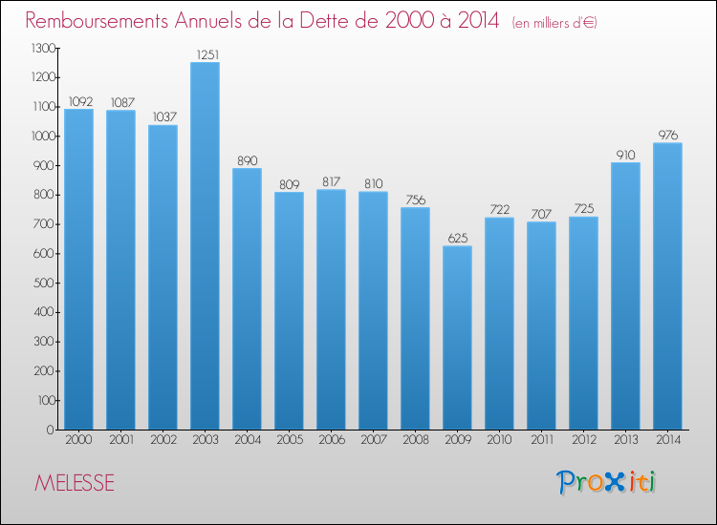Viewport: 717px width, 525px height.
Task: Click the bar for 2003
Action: (205, 245)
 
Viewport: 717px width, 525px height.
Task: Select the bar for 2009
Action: (457, 338)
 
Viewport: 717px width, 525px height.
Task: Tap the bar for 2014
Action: (667, 286)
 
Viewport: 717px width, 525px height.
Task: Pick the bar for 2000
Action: (78, 269)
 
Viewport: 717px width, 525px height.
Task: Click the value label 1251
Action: (207, 54)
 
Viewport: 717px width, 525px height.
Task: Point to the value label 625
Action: (458, 239)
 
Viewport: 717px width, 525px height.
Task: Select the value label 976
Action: (668, 136)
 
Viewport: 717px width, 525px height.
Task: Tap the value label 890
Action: (248, 160)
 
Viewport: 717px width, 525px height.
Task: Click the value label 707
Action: (541, 214)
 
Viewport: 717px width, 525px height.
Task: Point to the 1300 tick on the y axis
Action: (43, 48)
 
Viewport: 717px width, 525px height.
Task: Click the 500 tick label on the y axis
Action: (44, 283)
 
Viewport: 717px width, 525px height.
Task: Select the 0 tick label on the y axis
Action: (51, 430)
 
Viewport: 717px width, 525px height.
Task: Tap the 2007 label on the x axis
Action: (374, 440)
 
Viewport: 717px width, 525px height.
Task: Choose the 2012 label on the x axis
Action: (584, 440)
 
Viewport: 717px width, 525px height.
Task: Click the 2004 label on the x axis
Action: (248, 440)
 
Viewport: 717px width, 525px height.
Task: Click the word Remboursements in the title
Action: (97, 21)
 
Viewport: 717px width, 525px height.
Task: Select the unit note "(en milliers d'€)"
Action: (554, 23)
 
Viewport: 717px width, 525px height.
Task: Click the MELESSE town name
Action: (75, 483)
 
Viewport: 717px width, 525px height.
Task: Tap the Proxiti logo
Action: (606, 482)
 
